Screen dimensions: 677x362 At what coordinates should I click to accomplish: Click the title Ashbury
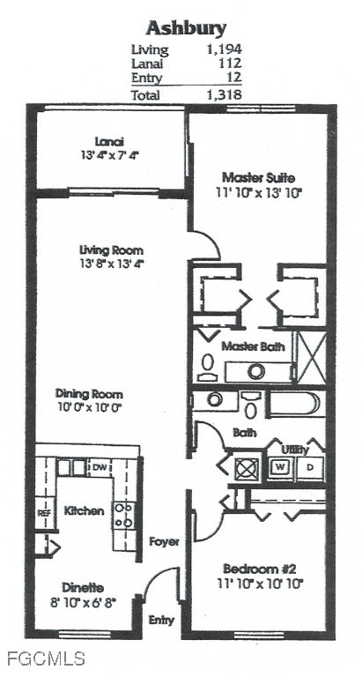(x=186, y=27)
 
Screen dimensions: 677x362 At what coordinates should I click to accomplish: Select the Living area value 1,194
(x=223, y=49)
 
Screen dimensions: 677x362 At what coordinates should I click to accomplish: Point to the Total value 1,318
(x=223, y=94)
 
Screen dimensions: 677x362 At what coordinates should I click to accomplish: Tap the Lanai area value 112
(x=229, y=63)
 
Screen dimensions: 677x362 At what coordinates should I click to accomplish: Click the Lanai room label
(x=110, y=141)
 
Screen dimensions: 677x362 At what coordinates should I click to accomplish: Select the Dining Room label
(x=89, y=393)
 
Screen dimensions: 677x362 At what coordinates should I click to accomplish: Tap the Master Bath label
(x=253, y=346)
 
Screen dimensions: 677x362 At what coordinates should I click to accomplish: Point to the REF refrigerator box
(x=44, y=512)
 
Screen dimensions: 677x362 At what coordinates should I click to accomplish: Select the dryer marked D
(x=310, y=466)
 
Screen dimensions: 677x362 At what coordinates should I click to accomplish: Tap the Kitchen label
(x=85, y=510)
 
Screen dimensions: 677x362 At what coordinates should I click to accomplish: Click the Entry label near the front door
(x=161, y=620)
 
